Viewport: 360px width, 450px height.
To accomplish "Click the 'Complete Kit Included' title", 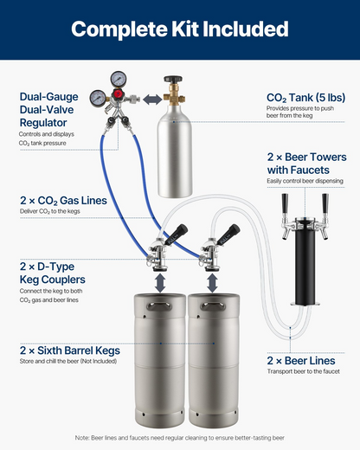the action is tap(180, 29).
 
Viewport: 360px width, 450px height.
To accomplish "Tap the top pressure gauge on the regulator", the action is tap(119, 78).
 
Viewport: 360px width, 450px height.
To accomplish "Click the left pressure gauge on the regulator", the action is tap(98, 99).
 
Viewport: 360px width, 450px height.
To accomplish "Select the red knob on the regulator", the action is tap(118, 93).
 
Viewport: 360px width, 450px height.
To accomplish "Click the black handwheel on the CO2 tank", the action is tap(173, 79).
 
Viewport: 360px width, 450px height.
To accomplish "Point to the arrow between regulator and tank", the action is tap(152, 100).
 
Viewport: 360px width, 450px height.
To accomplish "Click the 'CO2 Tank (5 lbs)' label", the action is tap(305, 98).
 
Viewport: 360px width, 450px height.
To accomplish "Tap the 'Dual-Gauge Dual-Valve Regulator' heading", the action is tap(48, 110).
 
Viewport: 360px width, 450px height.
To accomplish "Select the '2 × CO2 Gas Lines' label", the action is tap(63, 201).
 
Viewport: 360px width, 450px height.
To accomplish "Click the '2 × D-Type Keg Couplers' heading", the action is tap(53, 273).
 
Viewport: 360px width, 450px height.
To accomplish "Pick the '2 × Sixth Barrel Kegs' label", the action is tap(70, 350).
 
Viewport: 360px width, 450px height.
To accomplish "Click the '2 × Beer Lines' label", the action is tap(301, 361).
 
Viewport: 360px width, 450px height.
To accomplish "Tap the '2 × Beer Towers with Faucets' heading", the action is tap(306, 164).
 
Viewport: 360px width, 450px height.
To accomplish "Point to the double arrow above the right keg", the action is tap(212, 283).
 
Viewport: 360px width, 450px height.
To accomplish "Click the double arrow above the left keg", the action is tap(160, 283).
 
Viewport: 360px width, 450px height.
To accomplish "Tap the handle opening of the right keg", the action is tap(213, 305).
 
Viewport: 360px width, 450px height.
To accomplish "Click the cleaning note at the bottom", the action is tap(180, 438).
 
